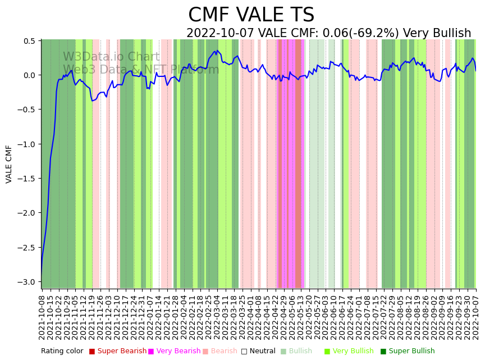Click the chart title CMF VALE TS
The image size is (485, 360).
click(x=251, y=15)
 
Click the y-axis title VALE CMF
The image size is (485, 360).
click(x=9, y=164)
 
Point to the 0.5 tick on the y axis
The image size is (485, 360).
click(x=30, y=41)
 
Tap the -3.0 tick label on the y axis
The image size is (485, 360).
click(x=28, y=282)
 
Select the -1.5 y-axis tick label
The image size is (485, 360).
click(x=28, y=179)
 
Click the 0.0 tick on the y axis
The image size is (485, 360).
click(x=30, y=75)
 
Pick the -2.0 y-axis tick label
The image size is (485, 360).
click(x=28, y=213)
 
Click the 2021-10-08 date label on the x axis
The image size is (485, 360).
click(x=42, y=317)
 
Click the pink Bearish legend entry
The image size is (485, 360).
click(x=224, y=352)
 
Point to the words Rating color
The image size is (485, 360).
click(x=62, y=352)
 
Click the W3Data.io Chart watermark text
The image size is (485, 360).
click(x=111, y=57)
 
